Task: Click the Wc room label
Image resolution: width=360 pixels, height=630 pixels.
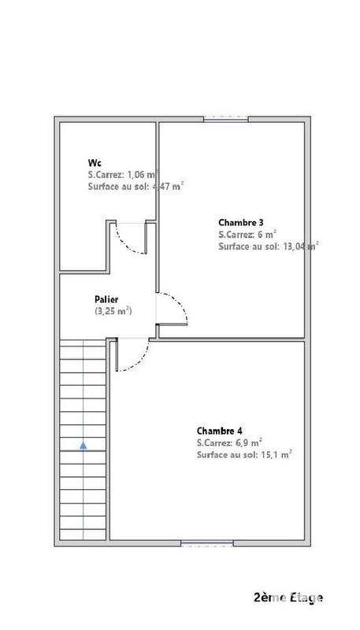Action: click(x=94, y=161)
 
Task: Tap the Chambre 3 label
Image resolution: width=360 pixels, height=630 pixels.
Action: click(x=240, y=222)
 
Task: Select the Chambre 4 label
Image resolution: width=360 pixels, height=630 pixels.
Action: click(x=219, y=430)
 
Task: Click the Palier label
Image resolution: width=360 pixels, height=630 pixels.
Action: click(x=107, y=299)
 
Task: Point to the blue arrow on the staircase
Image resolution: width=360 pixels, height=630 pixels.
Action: click(x=83, y=447)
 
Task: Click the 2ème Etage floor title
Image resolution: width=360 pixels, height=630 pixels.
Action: click(x=288, y=598)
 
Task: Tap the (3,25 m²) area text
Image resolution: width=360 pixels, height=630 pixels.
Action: click(x=113, y=312)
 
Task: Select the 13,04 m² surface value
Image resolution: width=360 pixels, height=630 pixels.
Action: click(x=299, y=246)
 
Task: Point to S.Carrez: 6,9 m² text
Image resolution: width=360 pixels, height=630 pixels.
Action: click(x=229, y=443)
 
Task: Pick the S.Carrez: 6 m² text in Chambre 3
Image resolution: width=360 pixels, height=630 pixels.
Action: click(x=247, y=235)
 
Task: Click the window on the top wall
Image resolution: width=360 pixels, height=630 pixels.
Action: click(x=226, y=119)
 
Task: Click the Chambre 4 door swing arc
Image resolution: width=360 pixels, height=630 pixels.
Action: click(x=134, y=358)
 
